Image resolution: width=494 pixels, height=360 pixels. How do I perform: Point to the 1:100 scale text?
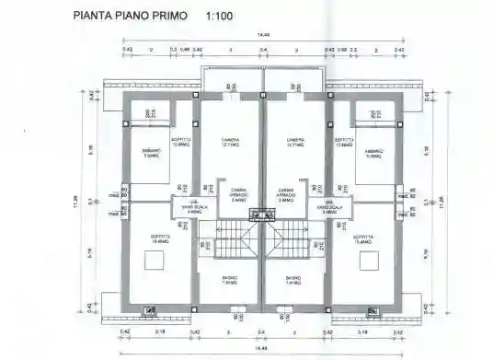tap(222, 16)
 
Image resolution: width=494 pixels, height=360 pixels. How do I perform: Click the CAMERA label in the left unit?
tap(231, 140)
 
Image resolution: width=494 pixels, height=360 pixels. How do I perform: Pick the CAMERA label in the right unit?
tap(295, 140)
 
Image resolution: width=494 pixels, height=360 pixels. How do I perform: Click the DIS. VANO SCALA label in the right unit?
tap(331, 208)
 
